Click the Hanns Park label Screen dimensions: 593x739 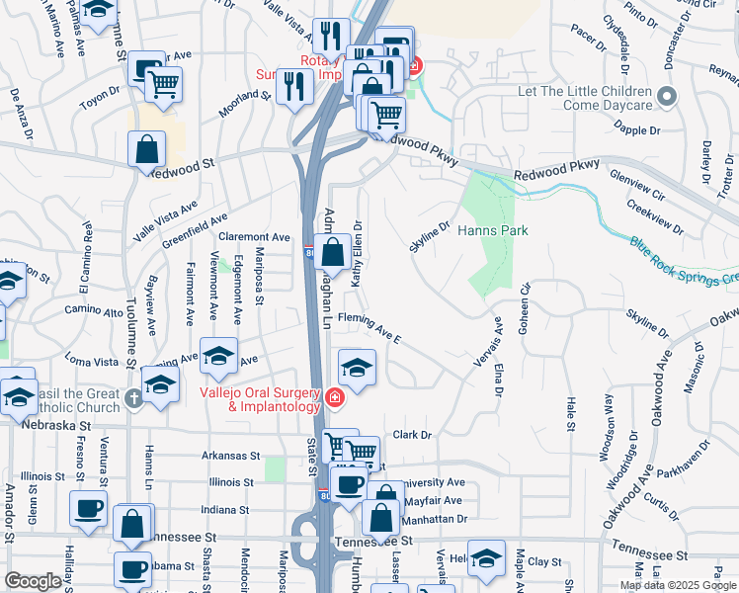[493, 230]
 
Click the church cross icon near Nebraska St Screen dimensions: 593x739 [135, 400]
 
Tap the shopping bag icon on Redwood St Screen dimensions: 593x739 [146, 151]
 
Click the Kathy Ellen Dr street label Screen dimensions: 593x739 [357, 254]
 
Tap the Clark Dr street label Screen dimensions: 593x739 [414, 434]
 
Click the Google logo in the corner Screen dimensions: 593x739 [34, 580]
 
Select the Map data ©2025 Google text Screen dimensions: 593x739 [678, 585]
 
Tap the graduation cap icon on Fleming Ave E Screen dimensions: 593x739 [357, 370]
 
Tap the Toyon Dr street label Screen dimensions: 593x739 [99, 99]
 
